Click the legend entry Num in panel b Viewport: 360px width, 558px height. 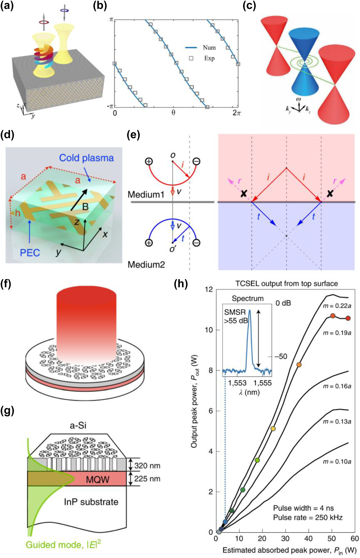[209, 48]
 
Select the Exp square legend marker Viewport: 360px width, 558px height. [191, 58]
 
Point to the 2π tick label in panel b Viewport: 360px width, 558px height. [236, 113]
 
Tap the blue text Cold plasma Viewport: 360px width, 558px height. [86, 158]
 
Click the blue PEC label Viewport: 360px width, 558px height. [30, 252]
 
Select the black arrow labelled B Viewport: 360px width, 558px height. [79, 200]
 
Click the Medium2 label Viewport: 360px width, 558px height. [146, 264]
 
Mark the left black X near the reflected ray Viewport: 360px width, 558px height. [244, 193]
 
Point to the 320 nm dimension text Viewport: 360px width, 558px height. [147, 466]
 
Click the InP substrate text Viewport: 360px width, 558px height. [91, 501]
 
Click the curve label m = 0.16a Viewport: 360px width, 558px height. [337, 386]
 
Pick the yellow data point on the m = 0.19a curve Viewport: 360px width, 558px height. [273, 429]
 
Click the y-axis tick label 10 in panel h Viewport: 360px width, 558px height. [209, 330]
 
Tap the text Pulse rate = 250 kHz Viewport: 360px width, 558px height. [308, 517]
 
